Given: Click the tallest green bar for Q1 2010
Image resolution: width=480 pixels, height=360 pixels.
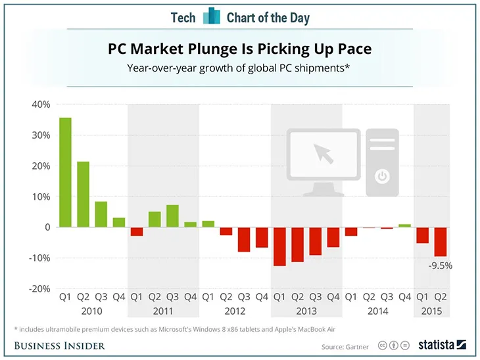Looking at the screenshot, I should click(65, 172).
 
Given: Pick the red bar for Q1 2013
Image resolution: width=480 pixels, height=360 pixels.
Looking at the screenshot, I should click(279, 246).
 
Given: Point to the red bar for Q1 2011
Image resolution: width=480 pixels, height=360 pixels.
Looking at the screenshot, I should click(137, 231).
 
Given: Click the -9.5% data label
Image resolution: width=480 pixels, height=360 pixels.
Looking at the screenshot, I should click(439, 266).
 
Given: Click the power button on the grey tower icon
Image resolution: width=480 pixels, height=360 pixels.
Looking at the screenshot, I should click(381, 176).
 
